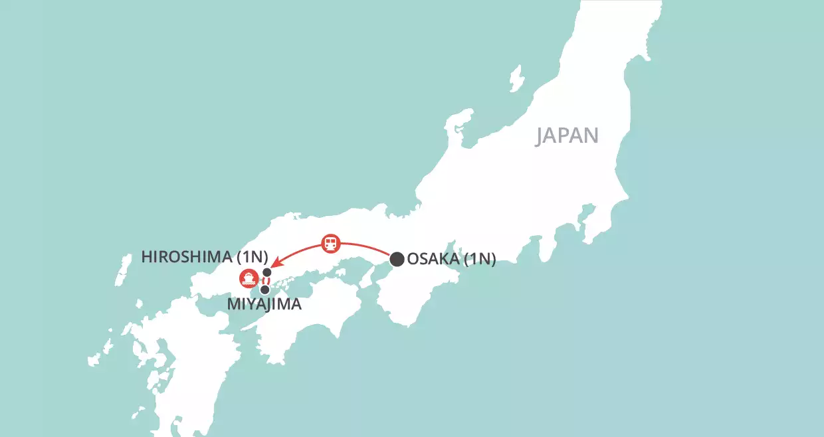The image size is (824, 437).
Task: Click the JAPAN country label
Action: click(x=567, y=135)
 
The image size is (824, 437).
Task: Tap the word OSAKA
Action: click(x=433, y=259)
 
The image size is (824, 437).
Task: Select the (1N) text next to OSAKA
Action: click(x=480, y=259)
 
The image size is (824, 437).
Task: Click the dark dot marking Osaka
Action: click(x=397, y=258)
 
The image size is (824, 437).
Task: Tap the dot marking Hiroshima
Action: click(x=267, y=272)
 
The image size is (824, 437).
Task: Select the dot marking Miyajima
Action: click(x=264, y=290)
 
